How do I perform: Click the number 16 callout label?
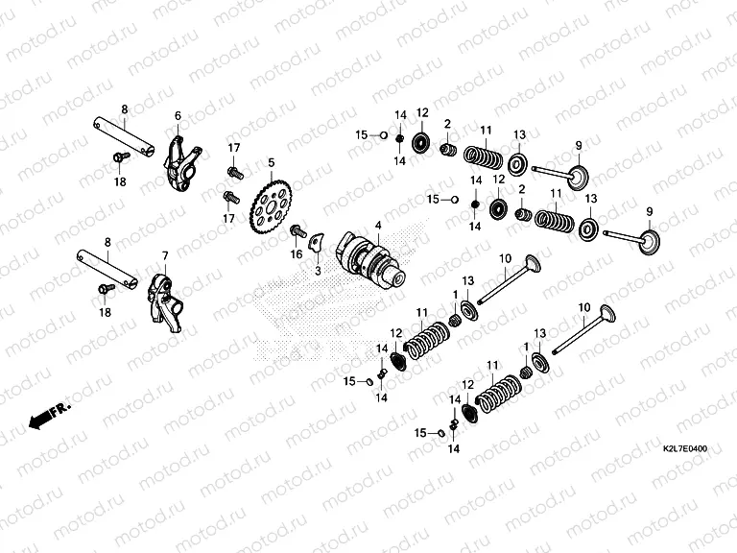tap(297, 253)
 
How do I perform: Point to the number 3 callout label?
tap(318, 272)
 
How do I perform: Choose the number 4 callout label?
tap(378, 225)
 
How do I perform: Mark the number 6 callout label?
tap(178, 115)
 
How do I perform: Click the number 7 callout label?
tap(164, 255)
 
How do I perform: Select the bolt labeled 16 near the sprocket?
tap(298, 231)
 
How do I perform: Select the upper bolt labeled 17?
tap(232, 172)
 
